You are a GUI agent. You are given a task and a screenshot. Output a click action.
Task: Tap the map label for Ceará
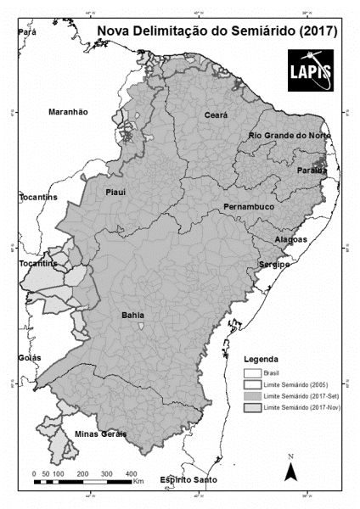[x=216, y=115]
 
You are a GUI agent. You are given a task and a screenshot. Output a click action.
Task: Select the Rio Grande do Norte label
[x=290, y=136]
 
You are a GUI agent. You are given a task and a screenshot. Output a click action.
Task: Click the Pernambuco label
[x=249, y=207]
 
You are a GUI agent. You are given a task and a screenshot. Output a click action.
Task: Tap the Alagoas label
[x=291, y=240]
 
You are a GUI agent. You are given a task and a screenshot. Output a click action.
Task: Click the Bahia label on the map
[x=132, y=315]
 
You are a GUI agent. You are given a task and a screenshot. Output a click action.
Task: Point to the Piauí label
[x=115, y=192]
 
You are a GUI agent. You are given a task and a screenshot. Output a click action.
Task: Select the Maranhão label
[x=68, y=112]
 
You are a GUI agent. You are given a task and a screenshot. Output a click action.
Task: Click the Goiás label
[x=29, y=358]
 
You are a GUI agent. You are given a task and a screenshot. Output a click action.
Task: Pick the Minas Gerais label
[x=100, y=434]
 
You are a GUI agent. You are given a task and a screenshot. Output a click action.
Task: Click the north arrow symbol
[x=290, y=468]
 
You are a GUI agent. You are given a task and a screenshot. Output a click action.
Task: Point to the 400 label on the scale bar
[x=131, y=473]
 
